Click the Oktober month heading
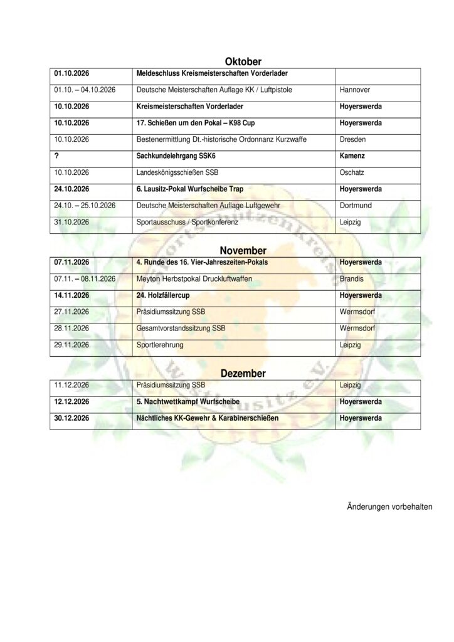pos(243,61)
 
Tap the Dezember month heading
pos(243,373)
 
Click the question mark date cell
pos(57,155)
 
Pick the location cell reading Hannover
pos(355,90)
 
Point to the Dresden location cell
pos(353,139)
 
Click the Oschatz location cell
pos(353,172)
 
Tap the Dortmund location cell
pos(355,205)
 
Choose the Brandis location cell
pos(352,278)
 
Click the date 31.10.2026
pos(72,221)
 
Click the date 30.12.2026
pos(73,418)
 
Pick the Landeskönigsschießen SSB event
pos(177,172)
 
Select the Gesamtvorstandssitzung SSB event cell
pos(181,327)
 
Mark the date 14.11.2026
pos(73,294)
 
